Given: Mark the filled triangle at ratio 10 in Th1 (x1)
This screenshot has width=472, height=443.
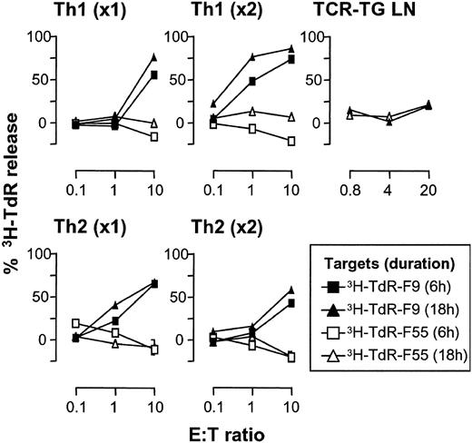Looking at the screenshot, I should coord(129,57).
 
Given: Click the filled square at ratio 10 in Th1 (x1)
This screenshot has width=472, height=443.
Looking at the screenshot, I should coord(129,74).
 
